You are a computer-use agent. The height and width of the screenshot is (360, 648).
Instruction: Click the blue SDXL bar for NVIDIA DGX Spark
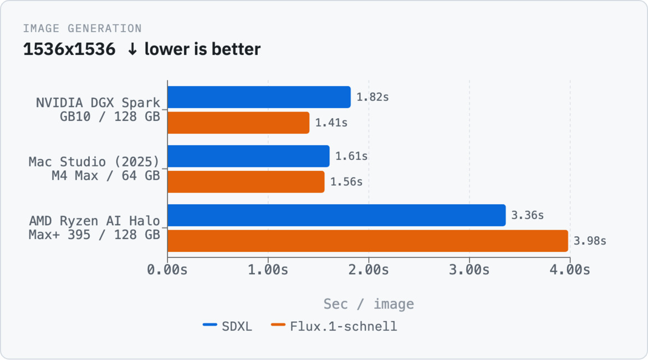[x=259, y=97]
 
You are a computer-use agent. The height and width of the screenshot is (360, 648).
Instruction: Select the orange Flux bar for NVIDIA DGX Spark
[x=238, y=123]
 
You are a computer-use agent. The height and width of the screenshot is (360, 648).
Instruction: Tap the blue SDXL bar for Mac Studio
[x=249, y=156]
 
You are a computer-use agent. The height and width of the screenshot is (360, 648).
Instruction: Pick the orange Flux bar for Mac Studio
[x=246, y=182]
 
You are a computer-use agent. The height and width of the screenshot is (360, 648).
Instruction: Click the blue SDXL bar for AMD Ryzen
[x=337, y=215]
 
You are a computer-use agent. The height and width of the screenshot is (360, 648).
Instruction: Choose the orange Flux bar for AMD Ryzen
[x=368, y=241]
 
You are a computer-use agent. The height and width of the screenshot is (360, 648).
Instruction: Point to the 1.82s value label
[x=373, y=97]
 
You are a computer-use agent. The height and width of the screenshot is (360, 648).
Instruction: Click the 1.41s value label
[x=331, y=123]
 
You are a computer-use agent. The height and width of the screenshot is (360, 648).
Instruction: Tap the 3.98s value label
[x=590, y=241]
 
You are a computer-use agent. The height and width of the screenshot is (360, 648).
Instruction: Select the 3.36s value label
[x=527, y=215]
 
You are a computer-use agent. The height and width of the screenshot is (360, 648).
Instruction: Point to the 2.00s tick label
[x=369, y=270]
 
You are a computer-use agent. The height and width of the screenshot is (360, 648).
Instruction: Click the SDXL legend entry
[x=227, y=326]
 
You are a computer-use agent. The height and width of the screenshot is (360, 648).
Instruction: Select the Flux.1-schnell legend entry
[x=334, y=326]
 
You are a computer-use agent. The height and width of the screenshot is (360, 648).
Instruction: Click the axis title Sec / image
[x=369, y=304]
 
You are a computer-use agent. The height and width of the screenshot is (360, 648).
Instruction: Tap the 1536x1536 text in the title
[x=69, y=49]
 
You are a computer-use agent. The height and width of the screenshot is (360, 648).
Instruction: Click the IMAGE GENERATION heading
[x=82, y=28]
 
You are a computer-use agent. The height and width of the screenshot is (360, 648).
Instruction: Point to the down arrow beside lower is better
[x=132, y=49]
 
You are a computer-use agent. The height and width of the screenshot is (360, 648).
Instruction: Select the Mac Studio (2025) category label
[x=94, y=161]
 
